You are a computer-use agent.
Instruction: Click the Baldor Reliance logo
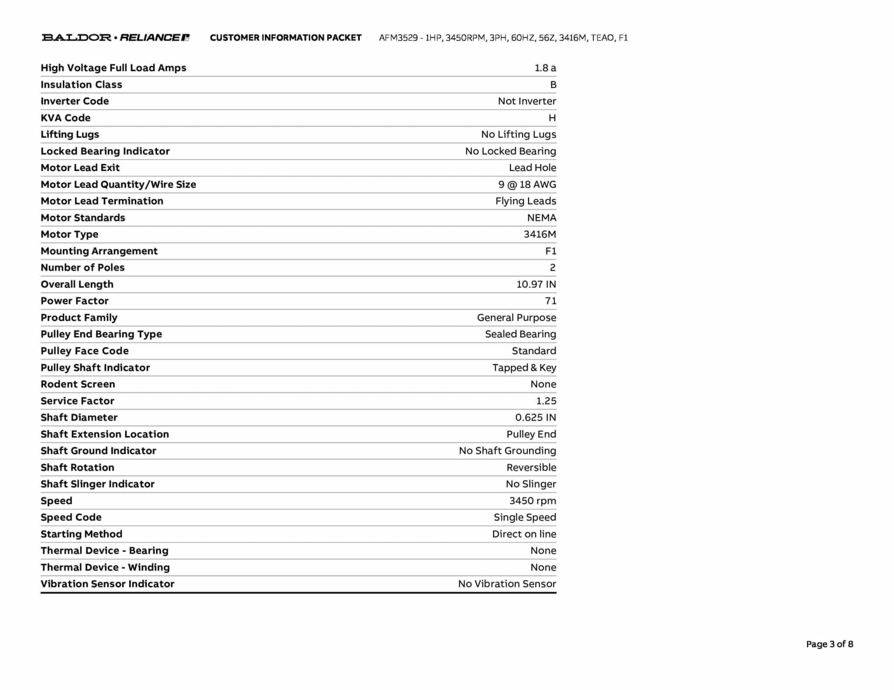tap(116, 38)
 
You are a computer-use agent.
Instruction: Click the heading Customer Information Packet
tap(285, 38)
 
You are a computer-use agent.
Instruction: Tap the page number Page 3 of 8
tap(829, 644)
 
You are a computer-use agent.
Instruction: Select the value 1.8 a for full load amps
tap(545, 68)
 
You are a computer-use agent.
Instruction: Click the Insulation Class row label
tap(81, 85)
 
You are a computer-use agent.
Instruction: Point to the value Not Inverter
tap(526, 101)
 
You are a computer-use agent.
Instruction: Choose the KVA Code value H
tap(552, 118)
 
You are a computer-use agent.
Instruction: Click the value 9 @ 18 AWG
tap(527, 184)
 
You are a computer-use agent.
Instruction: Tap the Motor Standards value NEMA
tap(541, 218)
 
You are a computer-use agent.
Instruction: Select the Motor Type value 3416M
tap(540, 234)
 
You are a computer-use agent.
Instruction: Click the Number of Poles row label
tap(83, 267)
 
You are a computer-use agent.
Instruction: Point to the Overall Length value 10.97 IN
tap(536, 284)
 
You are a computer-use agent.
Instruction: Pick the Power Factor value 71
tap(550, 301)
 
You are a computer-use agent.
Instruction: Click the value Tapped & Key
tap(524, 368)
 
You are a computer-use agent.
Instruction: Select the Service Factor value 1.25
tap(546, 401)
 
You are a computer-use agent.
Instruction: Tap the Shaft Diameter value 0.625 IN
tap(535, 417)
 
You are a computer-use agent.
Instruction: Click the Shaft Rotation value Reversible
tap(531, 468)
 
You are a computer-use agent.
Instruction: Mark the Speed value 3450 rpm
tap(532, 501)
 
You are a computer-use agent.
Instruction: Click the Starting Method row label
tap(81, 534)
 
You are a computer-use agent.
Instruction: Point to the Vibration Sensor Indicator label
tap(107, 584)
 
